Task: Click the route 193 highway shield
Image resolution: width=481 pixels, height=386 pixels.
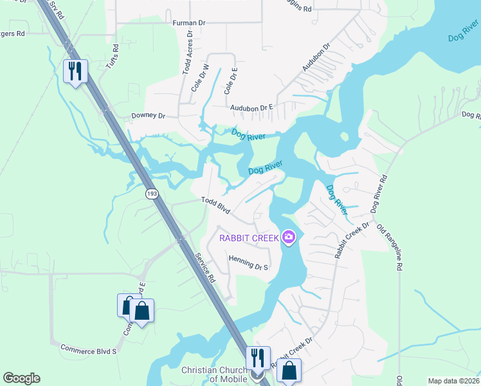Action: (x=152, y=194)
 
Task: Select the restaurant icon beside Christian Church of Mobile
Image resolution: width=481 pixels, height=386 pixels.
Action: (x=258, y=358)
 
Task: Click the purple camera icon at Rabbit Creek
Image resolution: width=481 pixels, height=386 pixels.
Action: (x=289, y=238)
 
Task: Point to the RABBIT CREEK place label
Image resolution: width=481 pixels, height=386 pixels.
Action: (x=249, y=238)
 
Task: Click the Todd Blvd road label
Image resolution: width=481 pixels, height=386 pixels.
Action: (x=215, y=205)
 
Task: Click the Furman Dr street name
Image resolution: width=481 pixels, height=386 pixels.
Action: (x=189, y=23)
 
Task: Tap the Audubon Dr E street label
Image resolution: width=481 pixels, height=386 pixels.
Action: (x=253, y=107)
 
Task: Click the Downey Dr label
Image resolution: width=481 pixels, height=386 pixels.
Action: (x=149, y=115)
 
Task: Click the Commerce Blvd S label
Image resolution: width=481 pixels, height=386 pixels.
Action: (x=88, y=350)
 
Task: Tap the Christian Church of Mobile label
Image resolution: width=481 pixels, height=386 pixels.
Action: (x=214, y=374)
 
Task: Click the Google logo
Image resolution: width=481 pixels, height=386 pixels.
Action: (x=21, y=378)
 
